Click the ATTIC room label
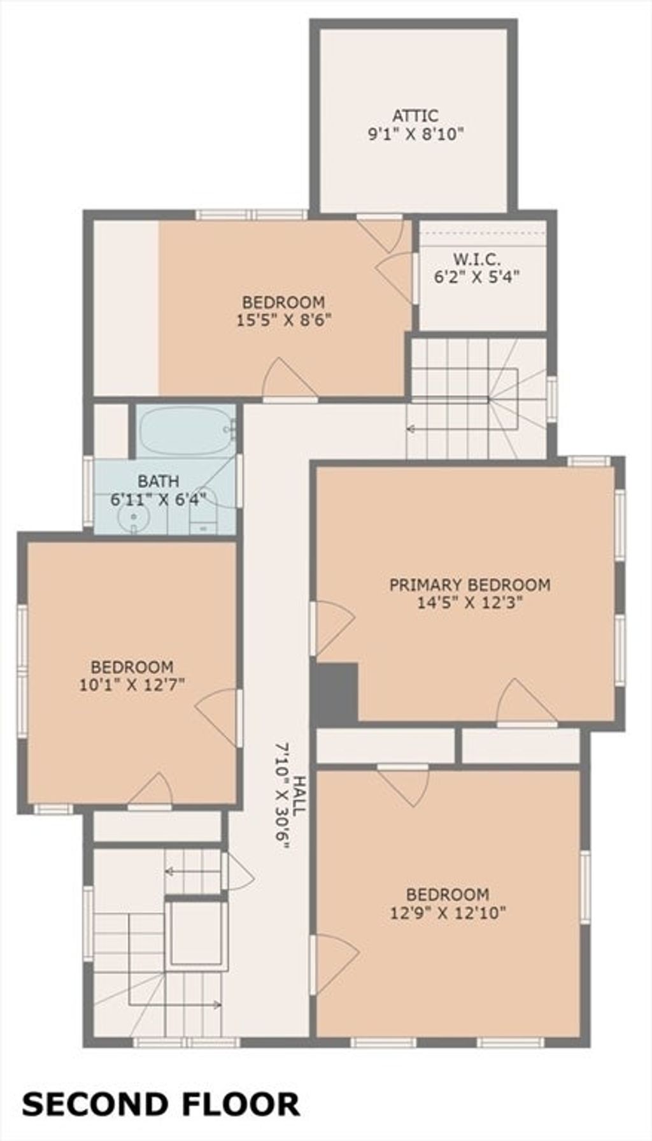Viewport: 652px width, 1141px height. (x=415, y=116)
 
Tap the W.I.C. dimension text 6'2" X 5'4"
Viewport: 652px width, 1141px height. (x=477, y=277)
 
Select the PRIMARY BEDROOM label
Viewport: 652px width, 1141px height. (x=470, y=585)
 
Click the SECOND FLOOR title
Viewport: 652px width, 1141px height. (x=160, y=1104)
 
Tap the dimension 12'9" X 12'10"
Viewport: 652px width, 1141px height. (x=448, y=913)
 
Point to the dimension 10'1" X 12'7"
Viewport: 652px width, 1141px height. (x=132, y=685)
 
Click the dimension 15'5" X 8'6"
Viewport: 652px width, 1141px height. (x=283, y=319)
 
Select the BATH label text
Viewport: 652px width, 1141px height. (x=159, y=482)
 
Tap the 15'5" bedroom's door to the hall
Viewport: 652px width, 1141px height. (x=290, y=380)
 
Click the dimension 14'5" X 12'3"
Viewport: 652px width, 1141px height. (x=470, y=603)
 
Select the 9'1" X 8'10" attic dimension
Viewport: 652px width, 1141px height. (x=415, y=134)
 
